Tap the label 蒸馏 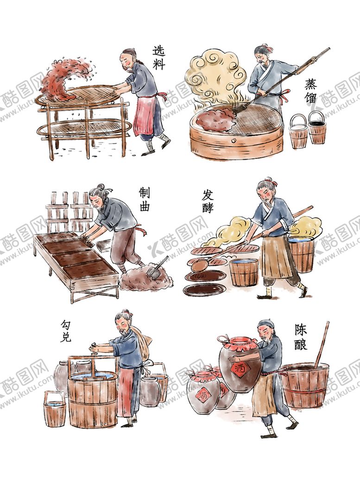[312, 92]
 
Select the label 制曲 [145, 199]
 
